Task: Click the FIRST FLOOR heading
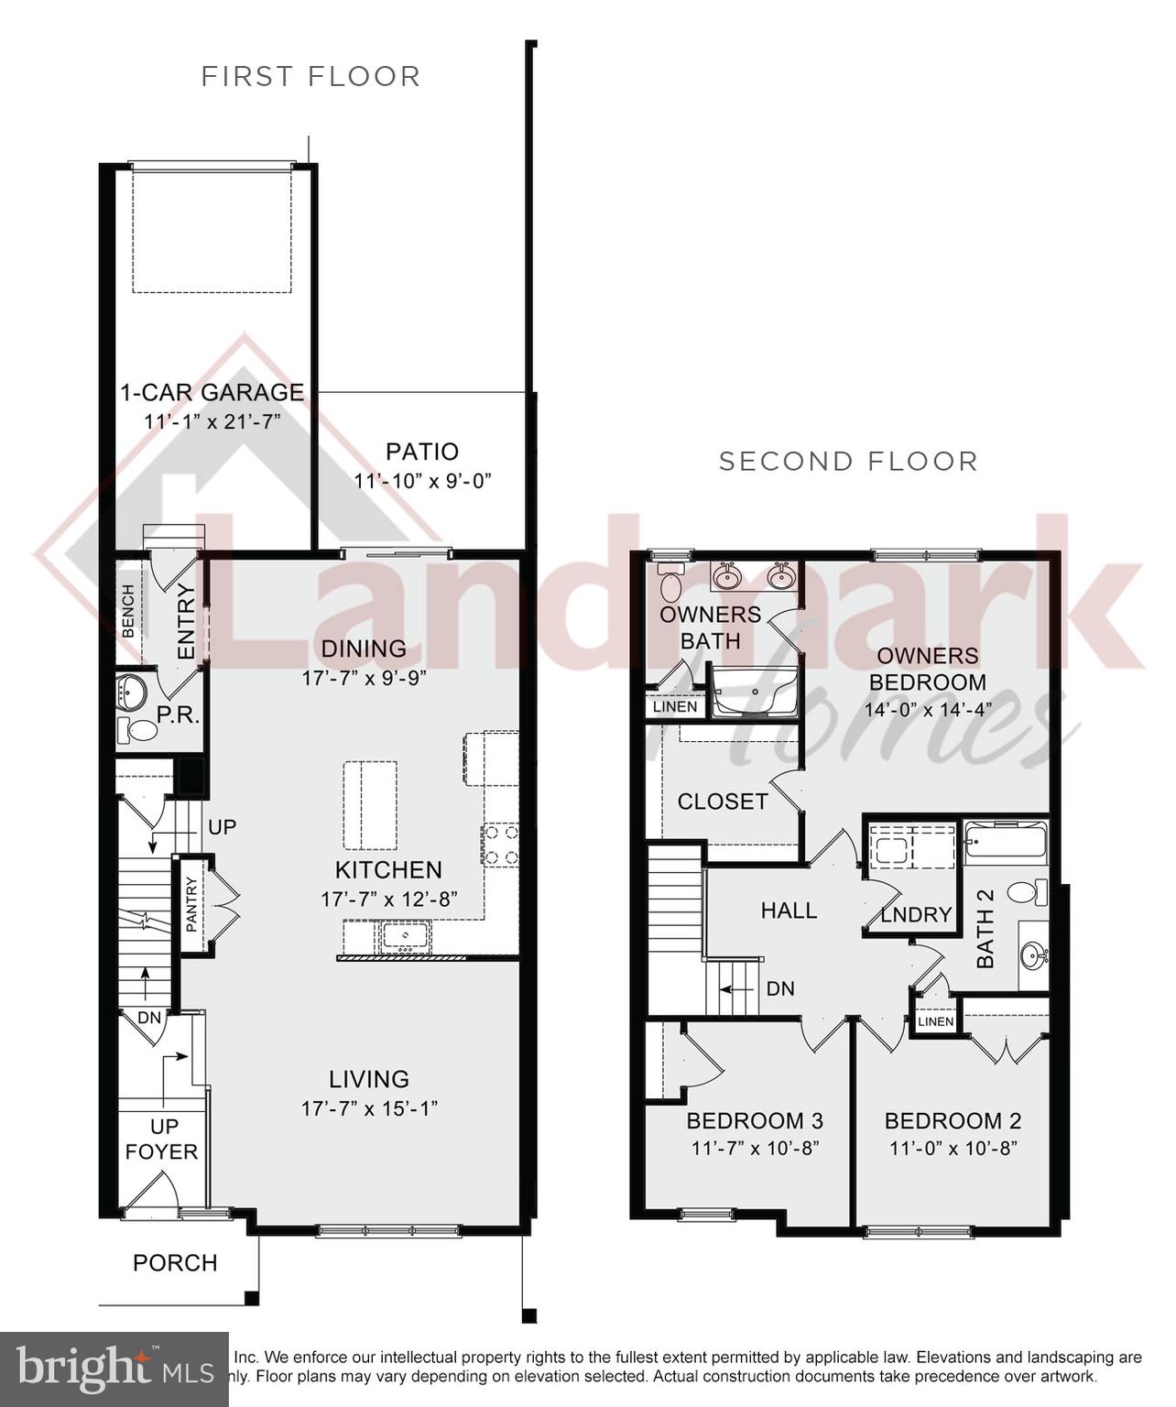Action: pos(310,76)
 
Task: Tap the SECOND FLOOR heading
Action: pos(848,461)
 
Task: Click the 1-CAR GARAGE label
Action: pos(212,392)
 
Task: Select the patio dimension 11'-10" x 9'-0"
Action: pos(423,481)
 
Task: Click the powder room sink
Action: pos(133,692)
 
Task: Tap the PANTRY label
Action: pos(191,905)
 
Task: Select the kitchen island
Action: pos(371,806)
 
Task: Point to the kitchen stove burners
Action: pos(500,845)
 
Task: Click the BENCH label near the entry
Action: pos(128,611)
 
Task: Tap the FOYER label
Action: pos(161,1151)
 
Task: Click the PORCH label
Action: pos(175,1263)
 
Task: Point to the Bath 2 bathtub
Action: pos(1005,841)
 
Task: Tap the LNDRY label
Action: pos(916,915)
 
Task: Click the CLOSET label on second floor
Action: pos(723,802)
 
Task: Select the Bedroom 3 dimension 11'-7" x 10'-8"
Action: pos(755,1148)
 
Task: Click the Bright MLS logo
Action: pos(114,1369)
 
